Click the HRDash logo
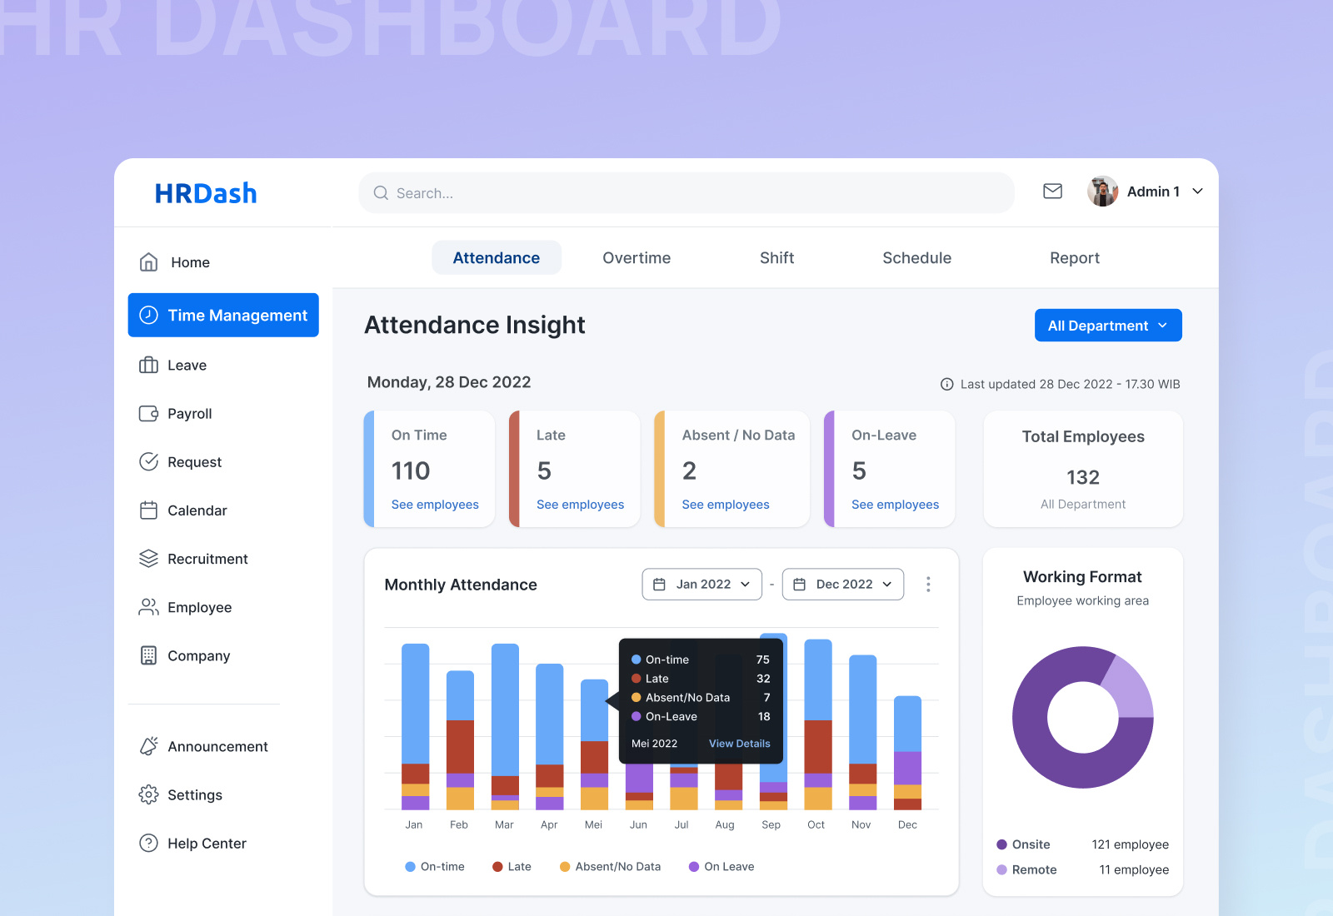point(206,193)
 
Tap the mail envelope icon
point(1052,192)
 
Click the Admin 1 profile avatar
point(1102,192)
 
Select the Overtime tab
point(637,258)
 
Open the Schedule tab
point(916,258)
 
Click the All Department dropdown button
point(1107,326)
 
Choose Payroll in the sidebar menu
point(189,414)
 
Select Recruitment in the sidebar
point(207,559)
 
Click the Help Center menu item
point(207,844)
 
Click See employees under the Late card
point(580,505)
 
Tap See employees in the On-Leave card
point(895,505)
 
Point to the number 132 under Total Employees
point(1083,477)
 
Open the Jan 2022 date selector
point(702,585)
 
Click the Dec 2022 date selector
point(843,585)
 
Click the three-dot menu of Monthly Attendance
point(928,585)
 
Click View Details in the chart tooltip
point(739,744)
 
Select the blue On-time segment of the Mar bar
point(505,708)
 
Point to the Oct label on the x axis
point(816,824)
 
